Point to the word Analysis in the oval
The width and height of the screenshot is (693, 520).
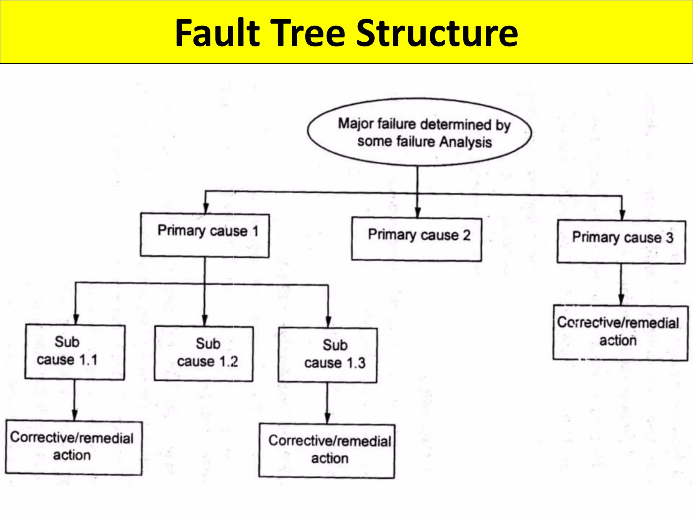click(x=465, y=142)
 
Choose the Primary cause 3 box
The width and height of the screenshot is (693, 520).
click(x=621, y=242)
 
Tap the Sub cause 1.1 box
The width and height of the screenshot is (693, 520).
click(x=75, y=352)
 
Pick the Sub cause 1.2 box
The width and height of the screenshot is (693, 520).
click(x=204, y=354)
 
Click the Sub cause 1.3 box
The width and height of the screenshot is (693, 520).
click(x=328, y=355)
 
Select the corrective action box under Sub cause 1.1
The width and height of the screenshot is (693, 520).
click(x=73, y=448)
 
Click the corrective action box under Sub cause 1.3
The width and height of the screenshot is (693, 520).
click(x=327, y=451)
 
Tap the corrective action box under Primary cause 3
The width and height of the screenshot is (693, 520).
click(x=620, y=333)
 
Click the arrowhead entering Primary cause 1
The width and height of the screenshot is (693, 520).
click(x=206, y=208)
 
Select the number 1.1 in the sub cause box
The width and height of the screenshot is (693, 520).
click(x=88, y=360)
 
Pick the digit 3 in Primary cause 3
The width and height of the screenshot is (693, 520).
click(x=669, y=238)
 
